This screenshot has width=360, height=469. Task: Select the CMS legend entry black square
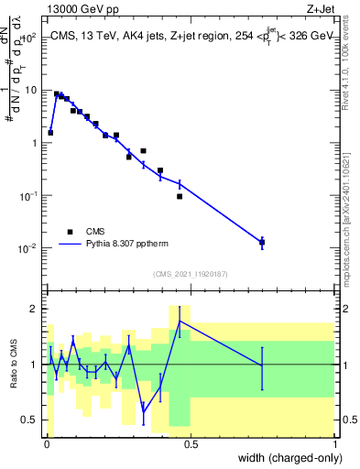coord(70,232)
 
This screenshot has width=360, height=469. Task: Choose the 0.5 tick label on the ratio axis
coord(31,420)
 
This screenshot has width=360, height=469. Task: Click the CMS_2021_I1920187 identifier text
coord(190,273)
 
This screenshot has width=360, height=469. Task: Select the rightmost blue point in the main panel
coord(262,242)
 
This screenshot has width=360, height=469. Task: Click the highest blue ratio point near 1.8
coord(180,321)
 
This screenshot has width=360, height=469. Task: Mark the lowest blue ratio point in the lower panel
coord(143,411)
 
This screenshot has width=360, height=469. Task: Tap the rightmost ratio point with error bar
coord(262,365)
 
